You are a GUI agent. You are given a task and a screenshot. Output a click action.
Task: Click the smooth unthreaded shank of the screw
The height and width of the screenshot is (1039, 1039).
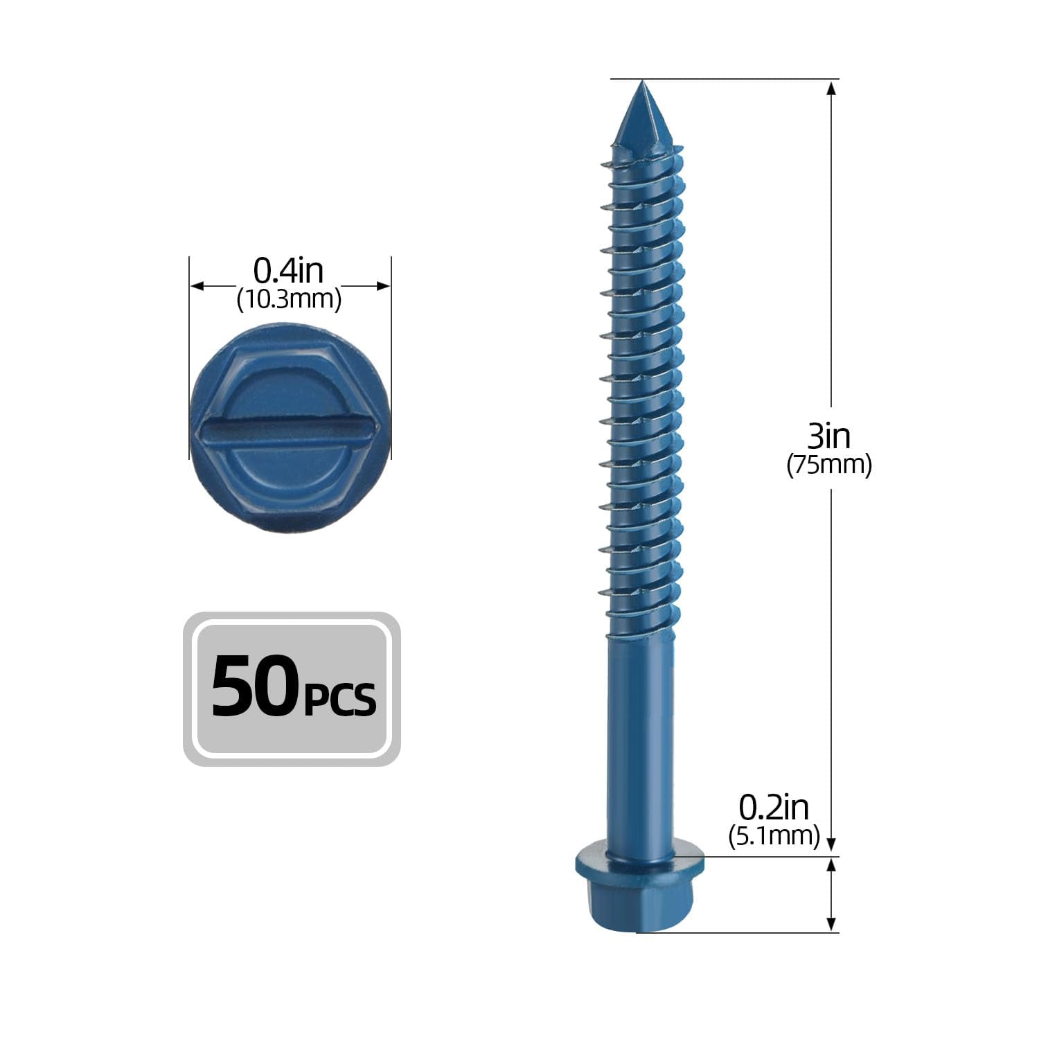click(639, 734)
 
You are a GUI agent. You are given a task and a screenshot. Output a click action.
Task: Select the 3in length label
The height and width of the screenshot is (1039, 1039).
click(828, 436)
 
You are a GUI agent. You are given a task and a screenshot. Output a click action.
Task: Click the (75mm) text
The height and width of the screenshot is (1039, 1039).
click(828, 465)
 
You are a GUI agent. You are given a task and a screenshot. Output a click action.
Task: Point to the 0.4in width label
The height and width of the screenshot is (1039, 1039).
click(288, 271)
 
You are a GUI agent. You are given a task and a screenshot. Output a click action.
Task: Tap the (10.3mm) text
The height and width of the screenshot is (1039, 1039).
click(289, 300)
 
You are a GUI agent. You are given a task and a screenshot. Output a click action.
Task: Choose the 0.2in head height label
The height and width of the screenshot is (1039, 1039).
click(774, 807)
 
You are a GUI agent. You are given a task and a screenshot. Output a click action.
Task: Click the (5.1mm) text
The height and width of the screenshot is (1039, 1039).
click(774, 836)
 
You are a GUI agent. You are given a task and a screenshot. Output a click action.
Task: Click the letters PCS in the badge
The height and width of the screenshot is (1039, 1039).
click(340, 698)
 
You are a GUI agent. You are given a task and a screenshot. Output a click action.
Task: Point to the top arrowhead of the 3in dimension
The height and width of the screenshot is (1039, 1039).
click(832, 87)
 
